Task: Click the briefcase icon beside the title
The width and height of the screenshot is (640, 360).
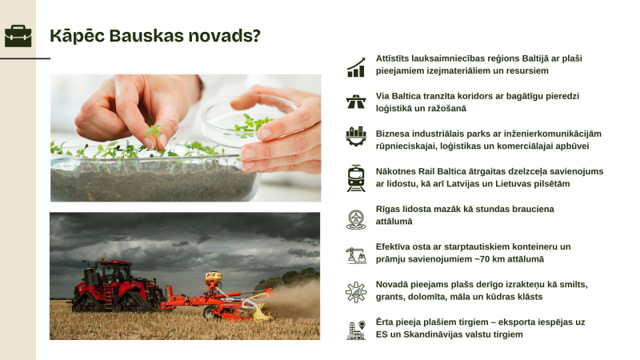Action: tap(18, 36)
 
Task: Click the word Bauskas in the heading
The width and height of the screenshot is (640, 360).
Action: tap(150, 36)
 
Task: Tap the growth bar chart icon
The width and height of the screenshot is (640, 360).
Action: tap(356, 67)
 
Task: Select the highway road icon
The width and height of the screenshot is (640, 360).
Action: tap(356, 102)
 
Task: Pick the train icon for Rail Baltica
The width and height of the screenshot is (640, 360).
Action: tap(356, 178)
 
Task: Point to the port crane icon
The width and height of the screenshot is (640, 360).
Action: tap(356, 255)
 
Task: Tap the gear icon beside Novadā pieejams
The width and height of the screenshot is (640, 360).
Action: tap(356, 292)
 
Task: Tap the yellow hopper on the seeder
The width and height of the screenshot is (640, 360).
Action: tap(213, 278)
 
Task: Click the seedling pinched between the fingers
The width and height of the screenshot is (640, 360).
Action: tap(154, 128)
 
